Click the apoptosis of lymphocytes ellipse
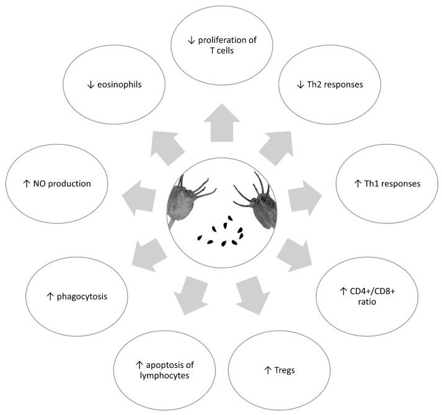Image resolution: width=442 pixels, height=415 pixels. [x=163, y=371]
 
